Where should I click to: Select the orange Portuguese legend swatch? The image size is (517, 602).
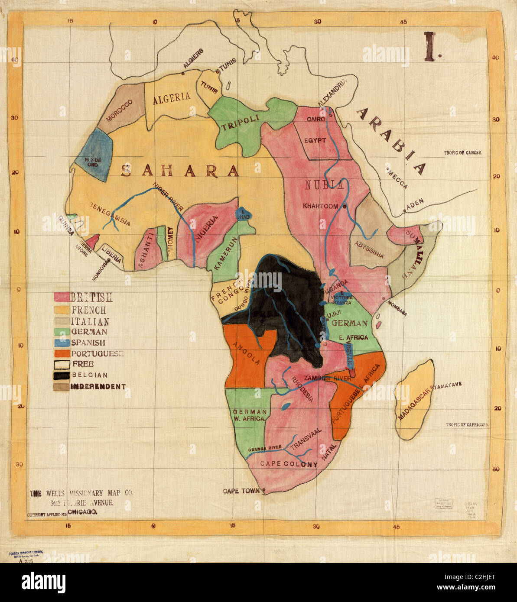tap(62, 353)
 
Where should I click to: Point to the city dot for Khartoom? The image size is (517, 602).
tap(344, 207)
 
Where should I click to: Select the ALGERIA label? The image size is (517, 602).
tap(171, 97)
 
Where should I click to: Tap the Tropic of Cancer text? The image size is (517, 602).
tap(463, 153)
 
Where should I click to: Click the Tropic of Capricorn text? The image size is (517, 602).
tap(467, 425)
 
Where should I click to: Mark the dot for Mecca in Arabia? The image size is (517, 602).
tap(387, 170)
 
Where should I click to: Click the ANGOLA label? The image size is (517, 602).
tap(246, 353)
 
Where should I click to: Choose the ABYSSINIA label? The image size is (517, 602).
tap(369, 250)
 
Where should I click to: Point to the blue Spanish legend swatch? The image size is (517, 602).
tap(62, 343)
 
